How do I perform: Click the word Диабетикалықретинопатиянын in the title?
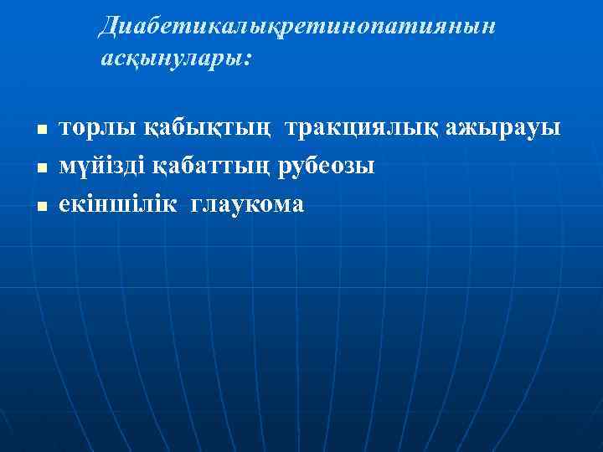pos(297,27)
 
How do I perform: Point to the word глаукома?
pos(249,203)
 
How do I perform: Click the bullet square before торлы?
pos(39,131)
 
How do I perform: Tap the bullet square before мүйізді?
pos(39,167)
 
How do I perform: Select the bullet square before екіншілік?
pos(39,204)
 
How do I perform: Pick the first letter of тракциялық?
pos(291,130)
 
